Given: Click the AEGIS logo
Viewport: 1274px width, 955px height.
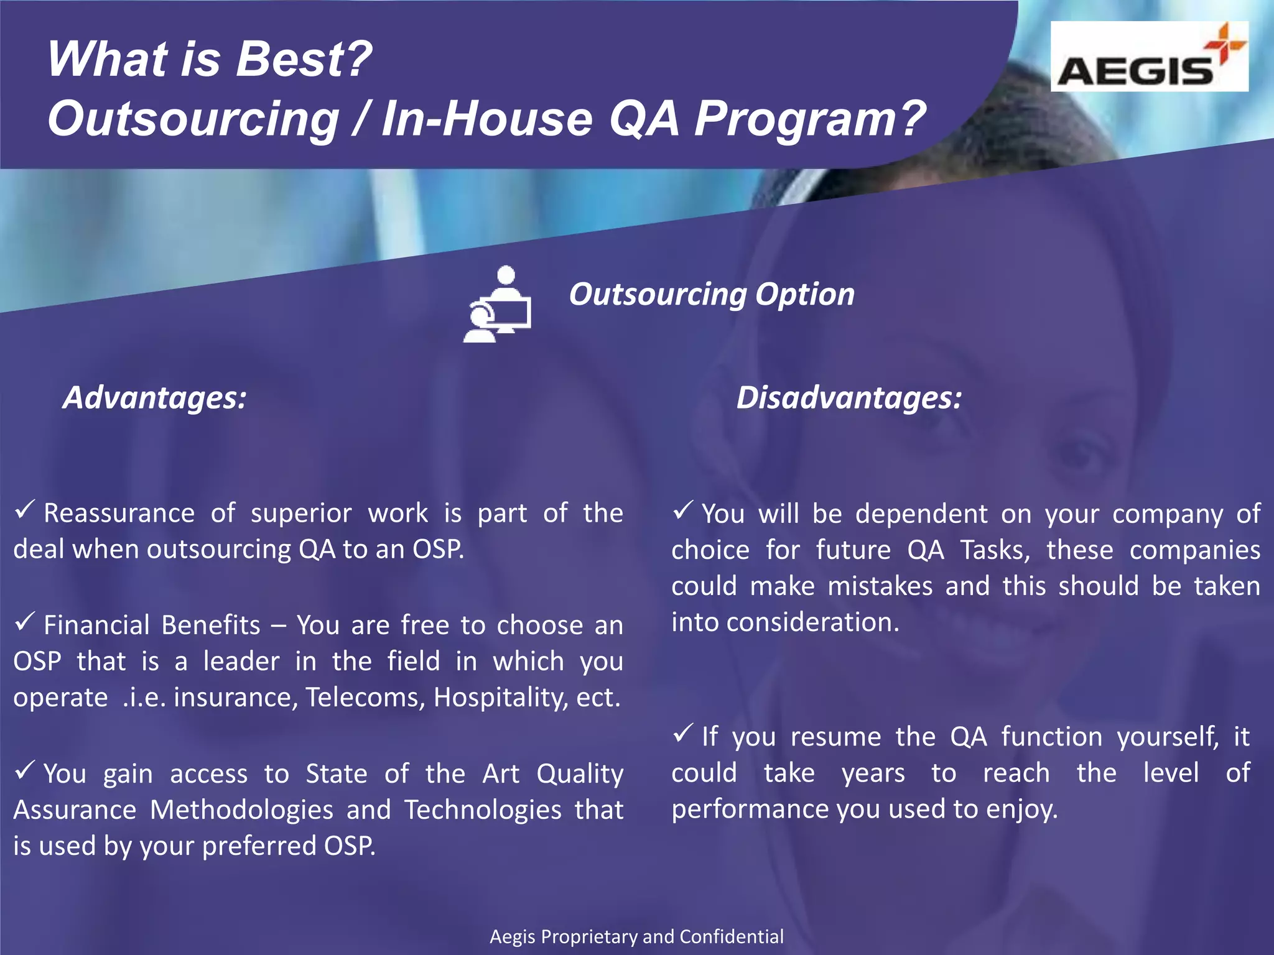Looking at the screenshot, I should (1148, 57).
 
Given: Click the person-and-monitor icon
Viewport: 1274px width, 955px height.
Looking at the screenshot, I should (498, 304).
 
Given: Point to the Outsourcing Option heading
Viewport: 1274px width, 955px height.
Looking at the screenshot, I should (712, 294).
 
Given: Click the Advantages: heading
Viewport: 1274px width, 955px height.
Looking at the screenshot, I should (155, 397).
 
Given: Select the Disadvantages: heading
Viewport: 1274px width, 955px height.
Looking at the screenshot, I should (849, 397).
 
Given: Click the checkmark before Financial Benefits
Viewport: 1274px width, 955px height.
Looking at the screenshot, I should (25, 622).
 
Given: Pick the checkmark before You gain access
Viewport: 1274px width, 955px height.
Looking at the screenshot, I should (25, 770).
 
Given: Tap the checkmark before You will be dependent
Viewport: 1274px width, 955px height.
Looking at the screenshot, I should (683, 510).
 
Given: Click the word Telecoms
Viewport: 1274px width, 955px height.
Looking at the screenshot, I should (365, 698).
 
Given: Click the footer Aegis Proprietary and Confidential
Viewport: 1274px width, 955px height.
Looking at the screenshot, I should (636, 936).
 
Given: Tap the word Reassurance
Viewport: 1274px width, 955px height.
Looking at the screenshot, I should (119, 514).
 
